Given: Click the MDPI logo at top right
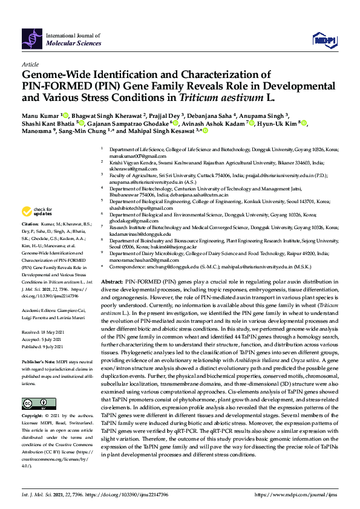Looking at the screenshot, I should click(x=324, y=40).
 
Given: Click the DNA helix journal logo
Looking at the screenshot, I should click(x=31, y=39).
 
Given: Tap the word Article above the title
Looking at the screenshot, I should click(x=30, y=64).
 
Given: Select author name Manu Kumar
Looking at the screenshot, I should click(x=39, y=115).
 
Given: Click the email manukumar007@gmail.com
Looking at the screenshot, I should click(x=127, y=155).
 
